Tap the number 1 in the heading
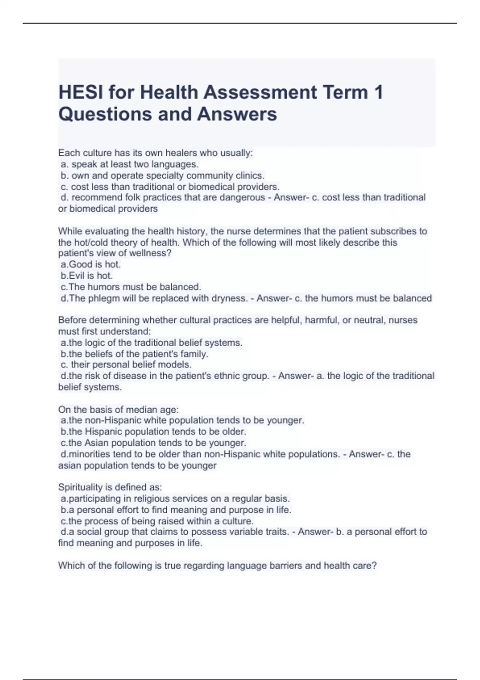click(378, 92)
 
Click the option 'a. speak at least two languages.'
click(130, 164)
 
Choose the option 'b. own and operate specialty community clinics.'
click(162, 176)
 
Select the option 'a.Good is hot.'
click(91, 264)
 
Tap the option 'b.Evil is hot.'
click(87, 276)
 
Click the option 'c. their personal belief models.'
click(126, 365)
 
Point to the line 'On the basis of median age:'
click(118, 410)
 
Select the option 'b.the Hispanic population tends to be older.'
click(154, 432)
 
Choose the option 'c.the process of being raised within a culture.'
click(157, 521)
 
